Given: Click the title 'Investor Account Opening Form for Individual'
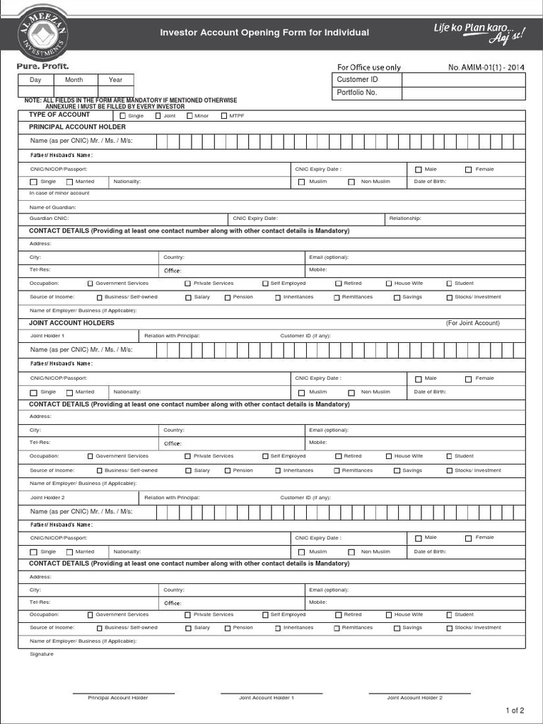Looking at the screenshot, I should (x=264, y=33).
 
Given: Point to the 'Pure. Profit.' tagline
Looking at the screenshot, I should (x=43, y=66).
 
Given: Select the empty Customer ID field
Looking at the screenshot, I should (x=463, y=80).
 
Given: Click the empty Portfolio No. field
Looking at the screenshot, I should (x=463, y=93).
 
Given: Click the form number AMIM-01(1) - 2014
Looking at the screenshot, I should (x=486, y=68).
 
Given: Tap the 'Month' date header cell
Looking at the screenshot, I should (x=74, y=80).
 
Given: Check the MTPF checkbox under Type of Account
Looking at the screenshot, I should (x=224, y=116).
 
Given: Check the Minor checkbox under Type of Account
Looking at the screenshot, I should (x=189, y=116).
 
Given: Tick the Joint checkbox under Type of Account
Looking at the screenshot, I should (x=158, y=116).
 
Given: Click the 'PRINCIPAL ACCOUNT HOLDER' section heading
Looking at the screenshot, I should (x=77, y=127).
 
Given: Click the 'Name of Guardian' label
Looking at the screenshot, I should (x=52, y=207).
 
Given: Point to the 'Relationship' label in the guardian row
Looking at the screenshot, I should (x=405, y=218).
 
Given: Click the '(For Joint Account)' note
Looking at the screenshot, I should (x=472, y=323).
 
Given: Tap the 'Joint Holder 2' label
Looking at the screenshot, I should (x=47, y=498).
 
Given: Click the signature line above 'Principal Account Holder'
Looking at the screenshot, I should (x=123, y=693).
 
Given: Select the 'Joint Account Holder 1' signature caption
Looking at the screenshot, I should (x=266, y=698).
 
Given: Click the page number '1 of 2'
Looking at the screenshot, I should (x=515, y=711).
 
